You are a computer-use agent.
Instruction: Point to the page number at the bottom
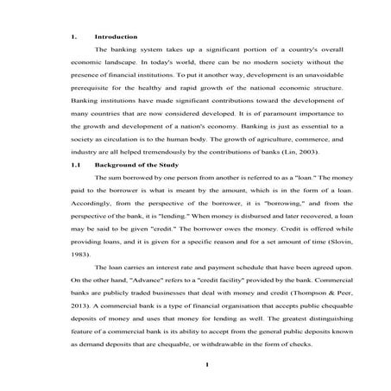coord(195,365)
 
